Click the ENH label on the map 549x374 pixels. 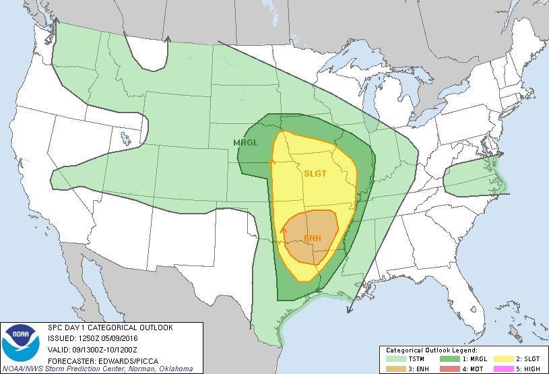[x=312, y=239]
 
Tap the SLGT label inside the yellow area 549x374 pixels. [x=315, y=173]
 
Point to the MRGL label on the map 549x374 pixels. [x=245, y=142]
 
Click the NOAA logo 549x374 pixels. [x=22, y=344]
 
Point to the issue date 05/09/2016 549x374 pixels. [x=121, y=338]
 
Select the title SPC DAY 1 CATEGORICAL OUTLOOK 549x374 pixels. [x=110, y=328]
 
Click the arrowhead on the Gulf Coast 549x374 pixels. [x=349, y=310]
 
